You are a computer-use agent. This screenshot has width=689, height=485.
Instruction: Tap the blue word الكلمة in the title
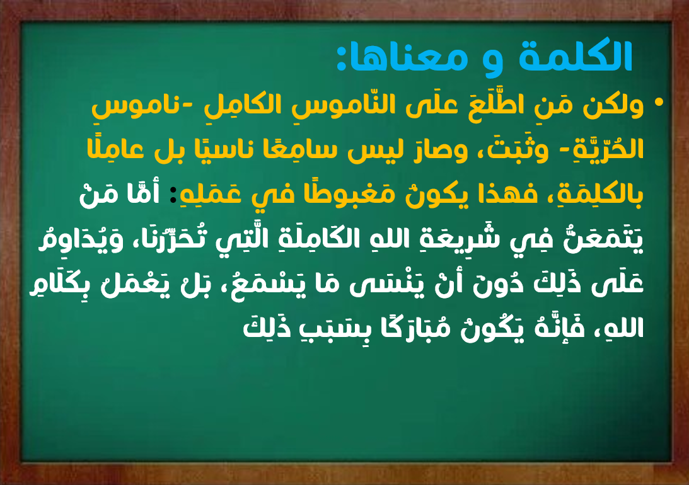click(575, 55)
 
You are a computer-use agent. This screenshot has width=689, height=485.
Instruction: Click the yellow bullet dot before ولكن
click(658, 102)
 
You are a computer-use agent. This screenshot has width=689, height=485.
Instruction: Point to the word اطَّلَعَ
click(489, 105)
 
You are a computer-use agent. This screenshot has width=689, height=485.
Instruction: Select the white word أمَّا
click(143, 193)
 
